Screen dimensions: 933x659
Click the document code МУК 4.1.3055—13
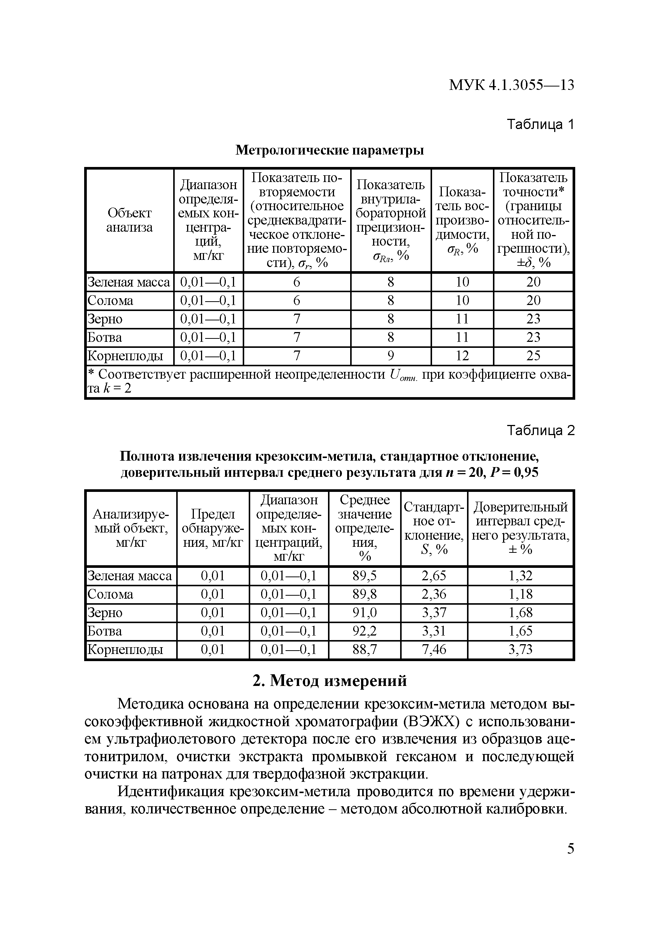click(x=511, y=85)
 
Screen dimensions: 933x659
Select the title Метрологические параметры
click(x=330, y=150)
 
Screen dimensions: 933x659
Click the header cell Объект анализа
click(x=130, y=220)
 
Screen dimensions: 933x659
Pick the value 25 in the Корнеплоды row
click(x=533, y=356)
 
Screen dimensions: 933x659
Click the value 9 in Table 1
click(x=391, y=356)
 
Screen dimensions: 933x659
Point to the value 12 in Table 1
click(x=462, y=356)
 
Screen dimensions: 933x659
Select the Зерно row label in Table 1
click(x=105, y=319)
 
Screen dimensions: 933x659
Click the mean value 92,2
click(x=364, y=631)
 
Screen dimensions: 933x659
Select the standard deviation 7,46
click(x=434, y=649)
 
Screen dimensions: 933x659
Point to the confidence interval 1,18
click(x=520, y=594)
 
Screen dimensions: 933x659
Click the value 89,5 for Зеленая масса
click(x=364, y=575)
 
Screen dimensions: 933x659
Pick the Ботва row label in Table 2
click(x=105, y=631)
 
